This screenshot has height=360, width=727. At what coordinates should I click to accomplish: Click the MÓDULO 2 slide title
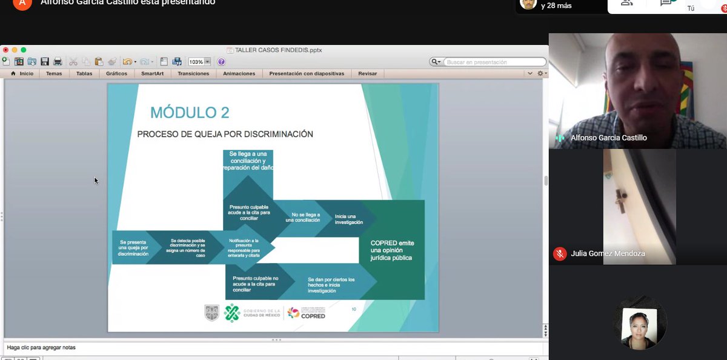click(x=190, y=113)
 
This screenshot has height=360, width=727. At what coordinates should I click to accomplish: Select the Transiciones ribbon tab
click(x=193, y=73)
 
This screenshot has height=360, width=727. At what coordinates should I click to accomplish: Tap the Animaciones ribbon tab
click(x=239, y=73)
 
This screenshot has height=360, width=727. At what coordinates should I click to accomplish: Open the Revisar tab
click(x=367, y=73)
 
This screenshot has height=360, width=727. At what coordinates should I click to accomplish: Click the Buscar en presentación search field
click(x=494, y=62)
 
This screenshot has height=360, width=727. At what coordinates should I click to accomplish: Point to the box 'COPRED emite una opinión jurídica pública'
click(x=392, y=250)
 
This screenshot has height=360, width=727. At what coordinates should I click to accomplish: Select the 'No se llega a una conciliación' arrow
click(x=305, y=218)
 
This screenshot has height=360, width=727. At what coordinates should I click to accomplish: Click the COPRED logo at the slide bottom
click(x=307, y=313)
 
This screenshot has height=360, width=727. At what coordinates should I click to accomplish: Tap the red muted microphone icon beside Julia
click(x=560, y=254)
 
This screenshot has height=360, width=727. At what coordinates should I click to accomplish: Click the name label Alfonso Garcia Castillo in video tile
click(x=608, y=138)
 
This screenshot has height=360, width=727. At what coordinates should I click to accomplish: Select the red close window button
click(x=5, y=50)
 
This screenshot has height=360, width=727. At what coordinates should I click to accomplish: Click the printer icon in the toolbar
click(x=58, y=61)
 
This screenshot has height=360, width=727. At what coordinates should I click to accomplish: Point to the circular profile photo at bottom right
click(x=639, y=322)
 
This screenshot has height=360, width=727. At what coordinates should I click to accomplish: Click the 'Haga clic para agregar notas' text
click(x=41, y=347)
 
